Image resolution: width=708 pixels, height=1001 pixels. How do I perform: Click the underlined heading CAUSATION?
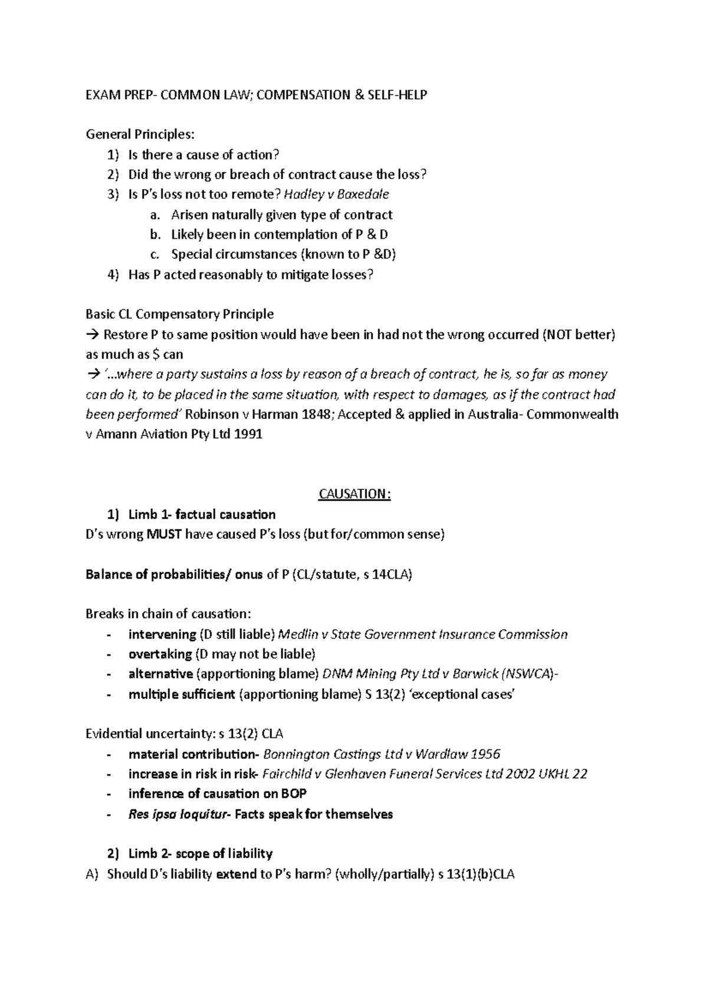click(x=354, y=494)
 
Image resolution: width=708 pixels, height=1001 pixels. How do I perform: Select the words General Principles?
click(x=139, y=134)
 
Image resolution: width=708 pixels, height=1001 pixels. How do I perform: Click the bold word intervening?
click(x=162, y=634)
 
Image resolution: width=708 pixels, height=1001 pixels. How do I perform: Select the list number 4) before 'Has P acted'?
click(x=113, y=275)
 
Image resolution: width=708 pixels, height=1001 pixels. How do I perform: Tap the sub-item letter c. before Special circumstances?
click(x=155, y=255)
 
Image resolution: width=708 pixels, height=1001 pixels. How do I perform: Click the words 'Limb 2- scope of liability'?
click(x=200, y=854)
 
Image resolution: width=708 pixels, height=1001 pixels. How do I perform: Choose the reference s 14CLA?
click(x=386, y=575)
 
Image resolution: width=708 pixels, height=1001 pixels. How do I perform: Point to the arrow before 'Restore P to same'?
click(x=93, y=335)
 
